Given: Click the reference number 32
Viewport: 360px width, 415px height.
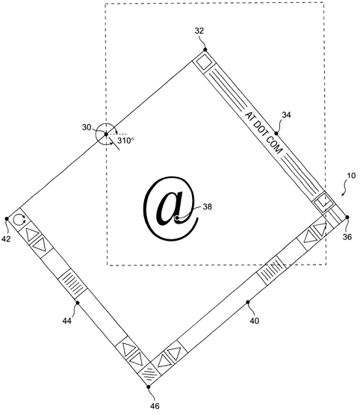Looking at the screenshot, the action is [x=199, y=31].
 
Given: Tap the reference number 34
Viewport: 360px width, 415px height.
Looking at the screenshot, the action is [x=286, y=115].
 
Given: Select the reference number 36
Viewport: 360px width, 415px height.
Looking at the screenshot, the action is [x=347, y=236].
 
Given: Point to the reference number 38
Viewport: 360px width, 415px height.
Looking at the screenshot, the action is [x=207, y=206].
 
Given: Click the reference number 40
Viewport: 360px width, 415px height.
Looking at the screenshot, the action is [x=254, y=321].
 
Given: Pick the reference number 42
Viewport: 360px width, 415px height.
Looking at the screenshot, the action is [x=6, y=239].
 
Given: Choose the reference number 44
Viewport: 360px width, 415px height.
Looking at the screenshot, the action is [x=67, y=321].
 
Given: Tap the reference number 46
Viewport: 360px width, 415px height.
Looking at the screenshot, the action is [x=155, y=405].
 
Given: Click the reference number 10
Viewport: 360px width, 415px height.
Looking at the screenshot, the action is [x=351, y=176].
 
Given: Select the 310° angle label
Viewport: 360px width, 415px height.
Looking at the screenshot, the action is [x=125, y=141].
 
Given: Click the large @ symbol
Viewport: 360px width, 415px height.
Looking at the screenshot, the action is [x=171, y=209].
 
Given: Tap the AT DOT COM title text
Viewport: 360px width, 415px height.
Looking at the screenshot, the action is [x=263, y=133].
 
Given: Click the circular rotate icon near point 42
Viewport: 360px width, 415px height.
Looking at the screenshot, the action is [x=19, y=219].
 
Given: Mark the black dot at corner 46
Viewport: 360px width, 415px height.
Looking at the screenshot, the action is [x=149, y=387].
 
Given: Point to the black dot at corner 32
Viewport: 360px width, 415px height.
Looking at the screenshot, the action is [x=205, y=49].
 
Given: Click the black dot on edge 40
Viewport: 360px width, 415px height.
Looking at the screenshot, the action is [x=248, y=302].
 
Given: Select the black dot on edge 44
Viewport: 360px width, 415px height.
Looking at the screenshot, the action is [x=78, y=303].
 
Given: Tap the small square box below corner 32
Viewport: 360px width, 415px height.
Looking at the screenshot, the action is [x=205, y=63].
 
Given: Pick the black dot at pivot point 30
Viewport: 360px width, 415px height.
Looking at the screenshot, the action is [x=106, y=135].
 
